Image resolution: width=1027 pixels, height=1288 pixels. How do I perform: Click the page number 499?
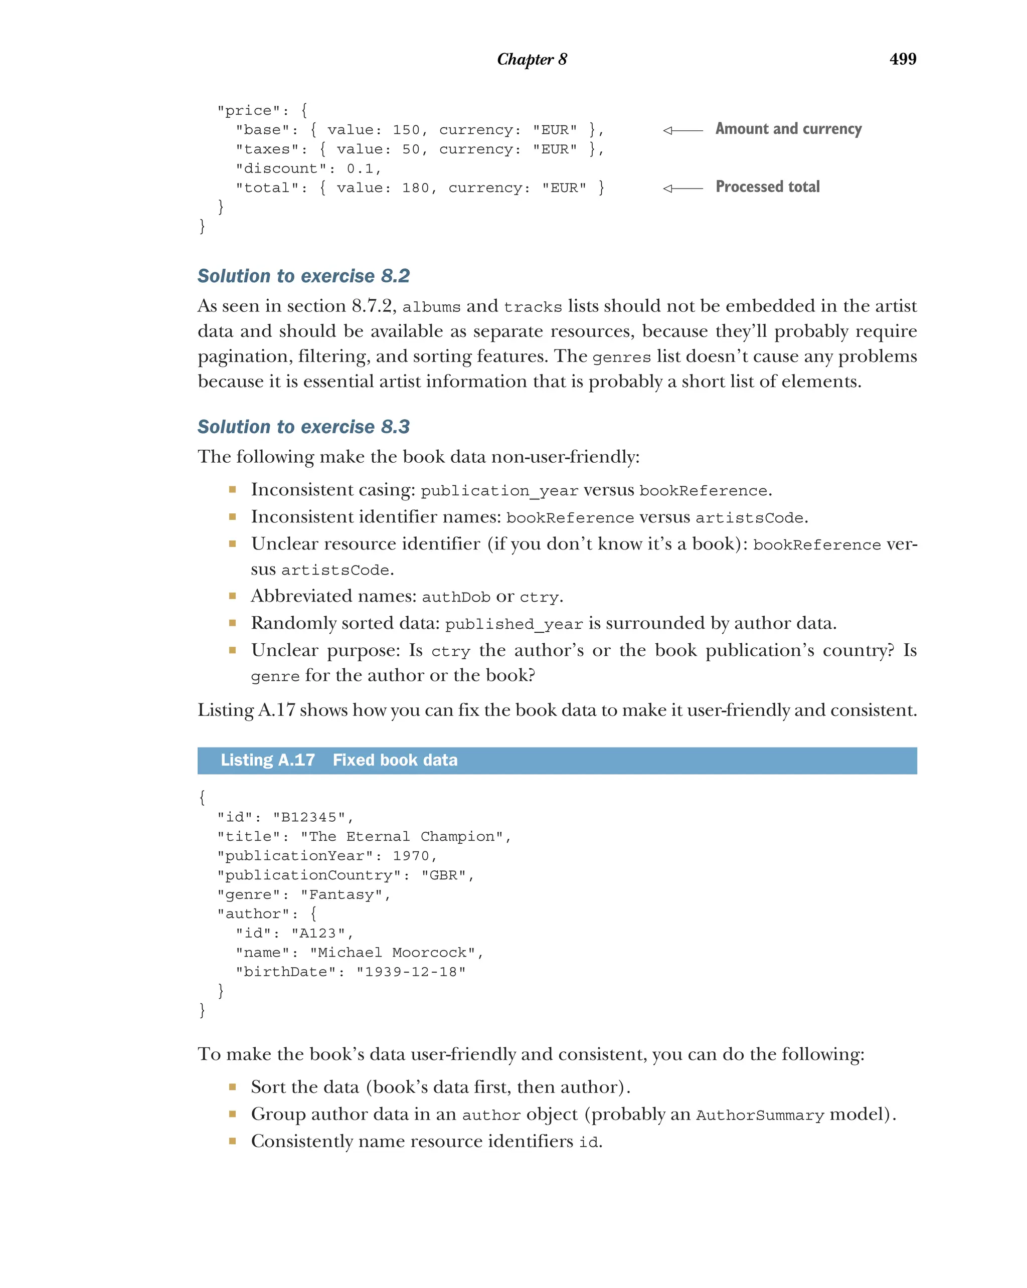pos(902,59)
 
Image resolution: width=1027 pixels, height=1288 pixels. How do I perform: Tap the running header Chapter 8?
pos(532,59)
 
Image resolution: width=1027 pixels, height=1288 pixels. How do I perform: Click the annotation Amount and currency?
pos(788,129)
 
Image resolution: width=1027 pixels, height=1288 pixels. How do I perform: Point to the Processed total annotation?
pos(767,187)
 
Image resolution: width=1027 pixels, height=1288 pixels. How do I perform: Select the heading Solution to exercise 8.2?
pos(303,276)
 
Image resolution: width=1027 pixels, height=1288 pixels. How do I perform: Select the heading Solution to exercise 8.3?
pos(303,427)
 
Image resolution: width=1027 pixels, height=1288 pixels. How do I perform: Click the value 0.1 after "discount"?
pos(360,168)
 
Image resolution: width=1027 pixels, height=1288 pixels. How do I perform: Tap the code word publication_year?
pos(499,491)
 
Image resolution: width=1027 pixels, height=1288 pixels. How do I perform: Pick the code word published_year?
pos(513,624)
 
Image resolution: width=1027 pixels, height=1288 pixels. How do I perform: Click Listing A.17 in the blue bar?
pos(268,760)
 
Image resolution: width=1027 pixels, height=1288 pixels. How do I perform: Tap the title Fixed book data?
pos(395,760)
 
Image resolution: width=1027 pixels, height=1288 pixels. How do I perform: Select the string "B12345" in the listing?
pos(309,817)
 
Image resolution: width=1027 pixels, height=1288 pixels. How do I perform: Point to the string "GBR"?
pos(443,875)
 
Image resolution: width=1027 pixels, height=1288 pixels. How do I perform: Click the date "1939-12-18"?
pos(410,972)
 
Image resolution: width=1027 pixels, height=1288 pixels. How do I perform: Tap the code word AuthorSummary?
pos(760,1116)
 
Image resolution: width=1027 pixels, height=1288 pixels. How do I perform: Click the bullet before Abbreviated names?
pos(232,596)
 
